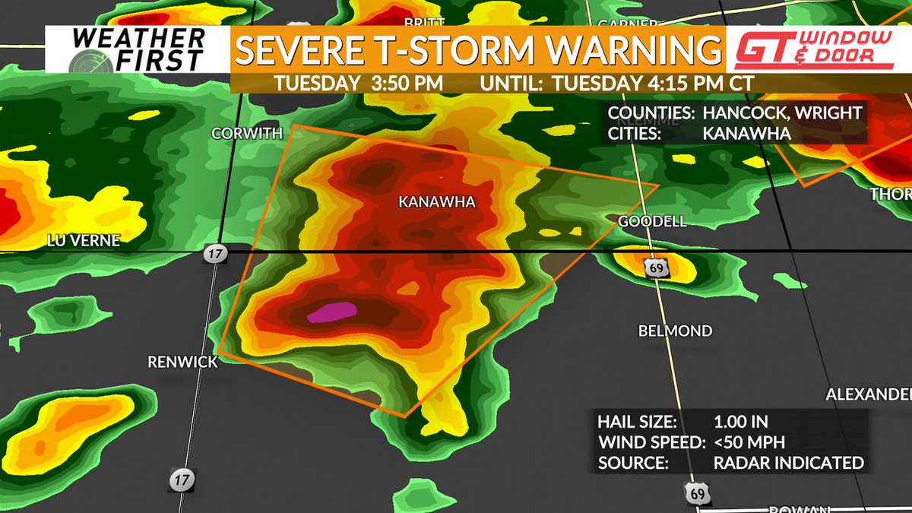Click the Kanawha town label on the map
point(436,201)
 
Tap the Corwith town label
point(247,134)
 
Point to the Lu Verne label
point(84,240)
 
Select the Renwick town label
point(182,363)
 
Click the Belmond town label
point(675,331)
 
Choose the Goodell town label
point(652,221)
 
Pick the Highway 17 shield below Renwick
point(180,480)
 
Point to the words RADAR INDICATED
point(788,462)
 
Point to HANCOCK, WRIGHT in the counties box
point(783,113)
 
